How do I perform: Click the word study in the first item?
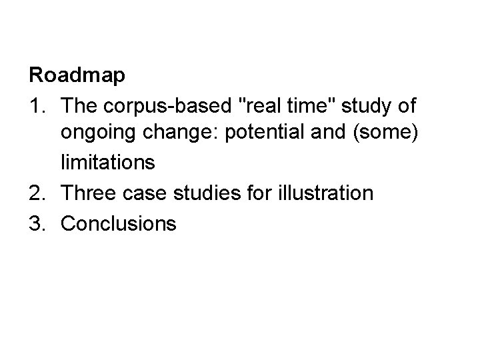pos(367,105)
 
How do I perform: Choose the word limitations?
pos(107,164)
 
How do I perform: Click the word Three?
pos(85,194)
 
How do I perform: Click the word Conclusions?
pos(119,223)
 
